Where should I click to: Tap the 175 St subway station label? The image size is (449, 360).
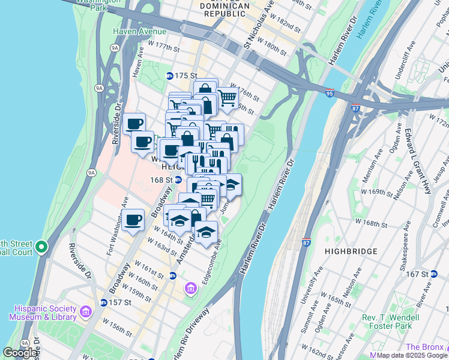point(181,76)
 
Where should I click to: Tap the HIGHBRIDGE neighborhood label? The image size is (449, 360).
point(351,251)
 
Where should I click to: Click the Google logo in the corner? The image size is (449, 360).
point(19,353)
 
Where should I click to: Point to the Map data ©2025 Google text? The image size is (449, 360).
point(411,355)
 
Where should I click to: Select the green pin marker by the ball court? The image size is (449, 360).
point(41,247)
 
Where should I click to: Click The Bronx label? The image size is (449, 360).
point(425,347)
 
